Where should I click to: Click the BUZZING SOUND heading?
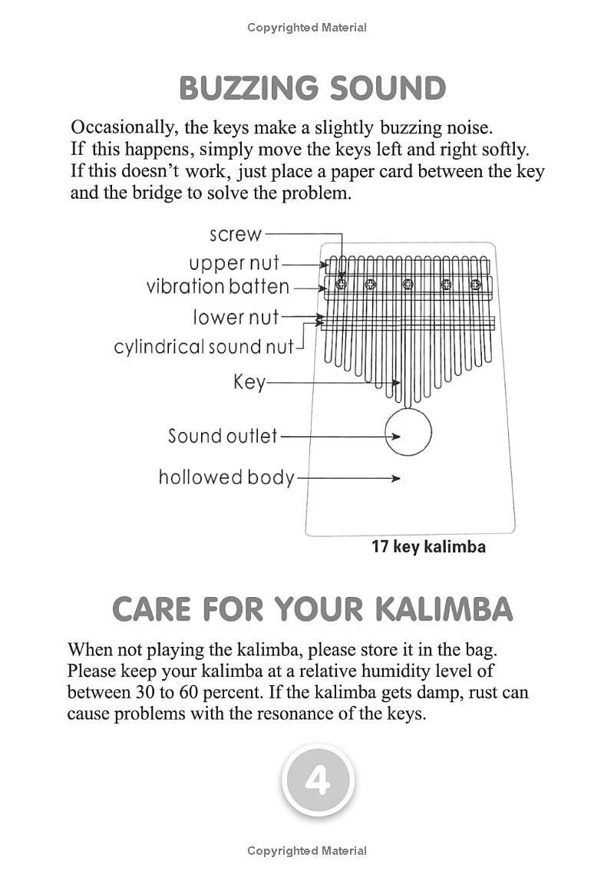point(312,88)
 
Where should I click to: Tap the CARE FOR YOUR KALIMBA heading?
point(312,609)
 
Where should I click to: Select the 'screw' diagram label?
point(235,234)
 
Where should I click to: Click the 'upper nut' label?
point(234,263)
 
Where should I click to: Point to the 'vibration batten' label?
point(218,287)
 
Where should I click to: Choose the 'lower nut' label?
point(236,317)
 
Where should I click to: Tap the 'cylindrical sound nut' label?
point(203,347)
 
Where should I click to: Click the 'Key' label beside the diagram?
point(249,383)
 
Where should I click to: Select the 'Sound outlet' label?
point(223,436)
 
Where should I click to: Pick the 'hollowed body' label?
point(226,477)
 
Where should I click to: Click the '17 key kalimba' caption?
point(428,546)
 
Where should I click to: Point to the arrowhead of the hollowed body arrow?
point(396,478)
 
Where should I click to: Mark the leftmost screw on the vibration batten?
point(342,284)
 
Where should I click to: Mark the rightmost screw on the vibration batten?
point(475,284)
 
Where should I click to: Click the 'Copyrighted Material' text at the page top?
point(307,28)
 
